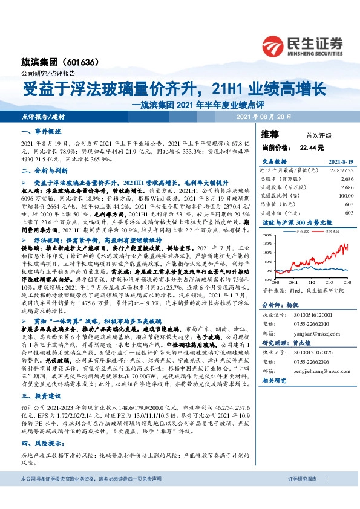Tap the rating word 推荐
[270, 133]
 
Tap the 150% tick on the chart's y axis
[267, 235]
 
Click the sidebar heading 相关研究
[275, 382]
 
